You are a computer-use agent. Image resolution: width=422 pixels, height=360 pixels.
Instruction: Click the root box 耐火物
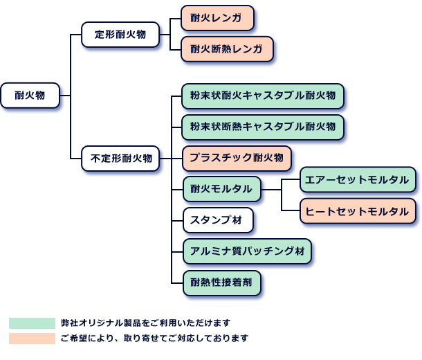(x=30, y=96)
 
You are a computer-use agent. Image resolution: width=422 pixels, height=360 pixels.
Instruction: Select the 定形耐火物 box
(x=119, y=34)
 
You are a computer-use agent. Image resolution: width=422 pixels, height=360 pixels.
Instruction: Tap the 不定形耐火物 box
(x=120, y=158)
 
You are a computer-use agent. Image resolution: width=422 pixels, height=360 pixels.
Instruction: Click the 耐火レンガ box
(x=217, y=18)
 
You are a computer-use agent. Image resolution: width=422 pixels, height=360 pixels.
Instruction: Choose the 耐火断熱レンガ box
(x=226, y=49)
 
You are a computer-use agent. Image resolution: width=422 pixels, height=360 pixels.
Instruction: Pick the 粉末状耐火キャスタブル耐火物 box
(x=262, y=96)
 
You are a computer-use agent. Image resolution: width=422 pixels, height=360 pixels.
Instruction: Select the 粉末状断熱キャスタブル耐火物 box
(x=262, y=127)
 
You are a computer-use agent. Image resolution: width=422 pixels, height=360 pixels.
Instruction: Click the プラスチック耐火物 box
(x=236, y=159)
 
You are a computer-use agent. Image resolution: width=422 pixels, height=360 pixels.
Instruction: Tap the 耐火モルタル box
(x=221, y=189)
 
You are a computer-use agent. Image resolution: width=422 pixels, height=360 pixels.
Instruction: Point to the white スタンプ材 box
(x=217, y=221)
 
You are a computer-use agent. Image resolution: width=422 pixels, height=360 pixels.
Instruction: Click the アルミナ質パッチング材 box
(x=247, y=251)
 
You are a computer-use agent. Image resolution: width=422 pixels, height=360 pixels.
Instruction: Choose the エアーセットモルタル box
(x=357, y=180)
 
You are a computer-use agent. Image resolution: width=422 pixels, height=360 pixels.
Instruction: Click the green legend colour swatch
(x=32, y=323)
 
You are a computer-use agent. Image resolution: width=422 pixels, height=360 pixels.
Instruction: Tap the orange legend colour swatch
(x=32, y=339)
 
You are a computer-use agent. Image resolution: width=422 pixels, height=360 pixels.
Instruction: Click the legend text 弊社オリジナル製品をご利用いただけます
(x=145, y=323)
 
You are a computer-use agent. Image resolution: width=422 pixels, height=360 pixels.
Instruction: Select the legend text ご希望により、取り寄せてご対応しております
(x=154, y=339)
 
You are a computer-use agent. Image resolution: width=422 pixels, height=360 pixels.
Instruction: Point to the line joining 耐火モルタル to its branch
(x=272, y=189)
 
